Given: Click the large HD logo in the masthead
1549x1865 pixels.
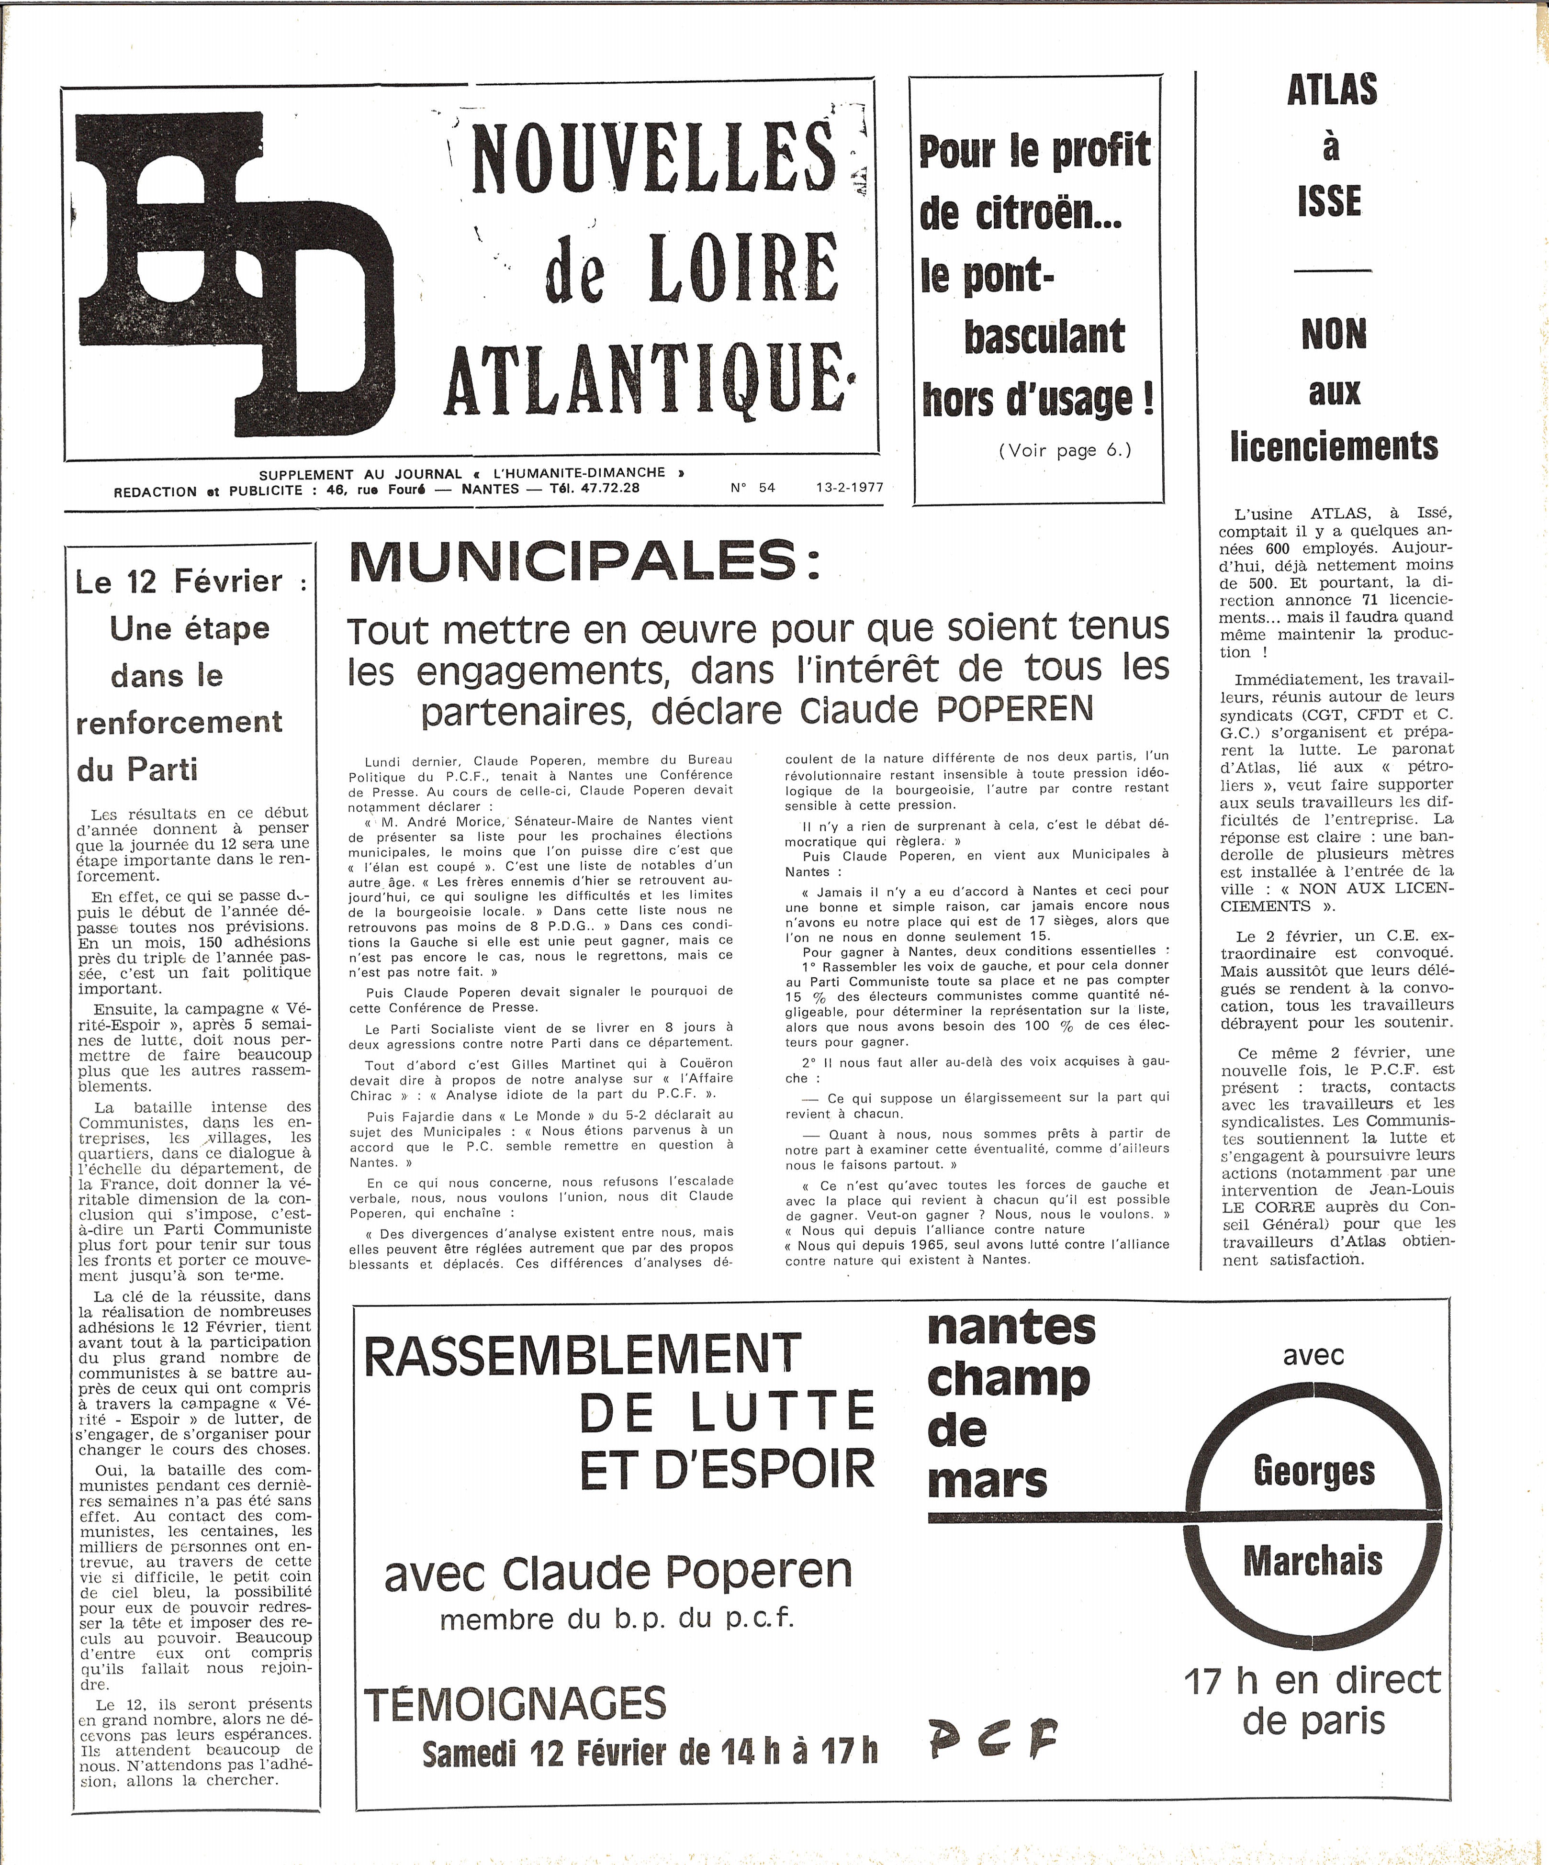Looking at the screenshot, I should pos(236,275).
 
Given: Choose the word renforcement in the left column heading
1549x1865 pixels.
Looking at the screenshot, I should pos(180,722).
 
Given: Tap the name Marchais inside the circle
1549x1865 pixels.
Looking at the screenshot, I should pos(1313,1560).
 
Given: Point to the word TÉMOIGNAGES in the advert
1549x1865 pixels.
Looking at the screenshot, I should pos(515,1703).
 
